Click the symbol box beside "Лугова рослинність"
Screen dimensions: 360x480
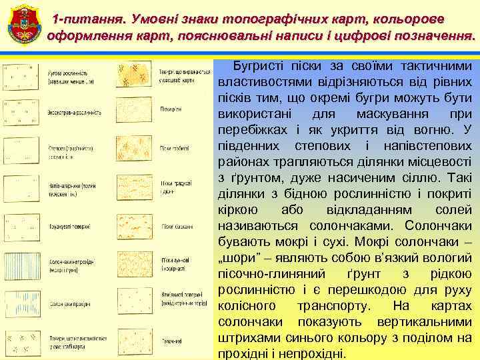[21, 75]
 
